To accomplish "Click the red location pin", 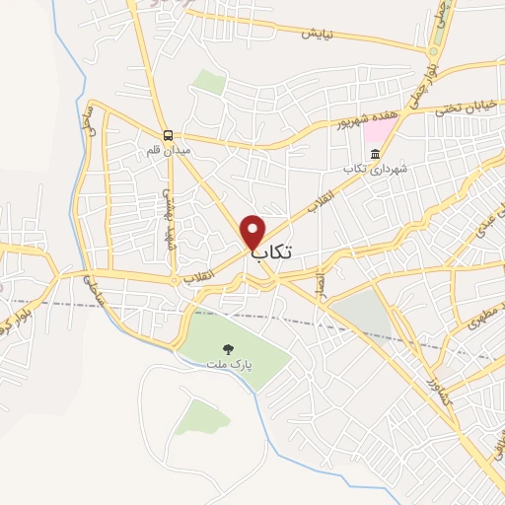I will click(253, 232).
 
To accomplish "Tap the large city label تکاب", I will click(273, 252).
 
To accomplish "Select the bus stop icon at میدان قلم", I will click(168, 136).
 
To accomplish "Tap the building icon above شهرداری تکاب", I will click(374, 154).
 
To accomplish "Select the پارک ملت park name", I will click(229, 364).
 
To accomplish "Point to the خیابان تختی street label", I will click(466, 104).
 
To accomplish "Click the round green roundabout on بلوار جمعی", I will click(433, 51).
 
